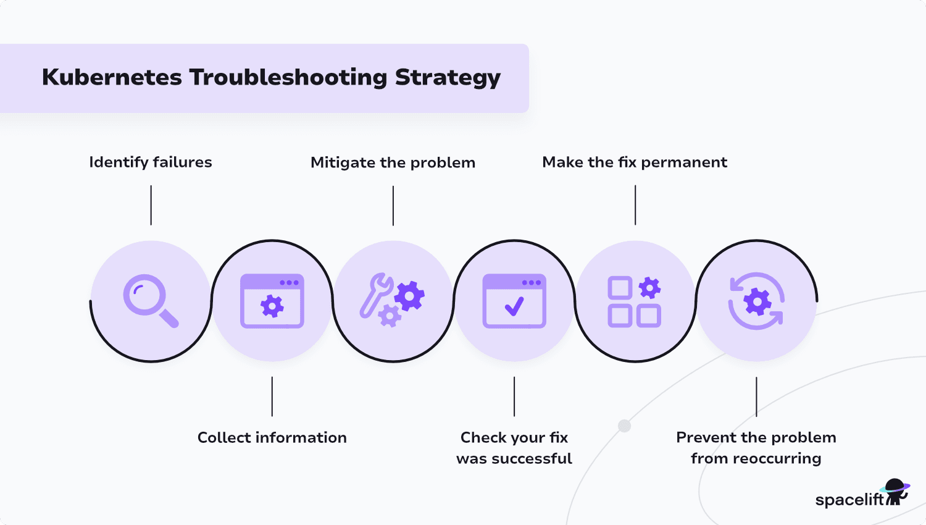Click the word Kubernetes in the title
112,77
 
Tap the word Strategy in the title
448,77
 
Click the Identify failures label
151,162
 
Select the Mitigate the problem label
393,162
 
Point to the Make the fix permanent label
635,162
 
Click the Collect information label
272,437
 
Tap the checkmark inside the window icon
514,306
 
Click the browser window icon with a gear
272,301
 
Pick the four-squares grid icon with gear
634,301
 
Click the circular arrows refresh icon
756,301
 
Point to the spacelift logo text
849,499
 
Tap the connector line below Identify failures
151,206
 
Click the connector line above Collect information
272,396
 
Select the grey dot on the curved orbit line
625,426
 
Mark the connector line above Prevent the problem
756,396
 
